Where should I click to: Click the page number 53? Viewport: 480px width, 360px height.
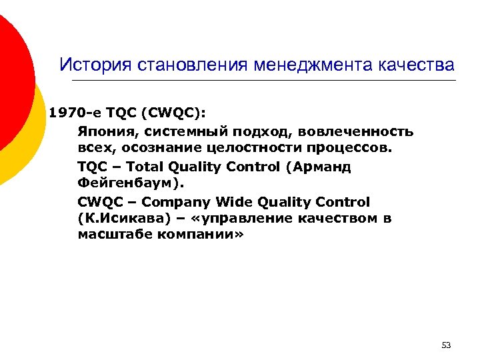446,345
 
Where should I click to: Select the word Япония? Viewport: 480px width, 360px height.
103,131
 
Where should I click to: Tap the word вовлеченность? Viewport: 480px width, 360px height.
364,131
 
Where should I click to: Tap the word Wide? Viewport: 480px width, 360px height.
242,202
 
